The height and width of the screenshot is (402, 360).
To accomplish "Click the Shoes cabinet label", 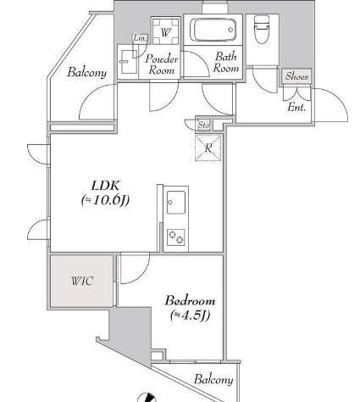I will click(x=297, y=76).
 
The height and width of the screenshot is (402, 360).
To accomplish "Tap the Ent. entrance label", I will click(x=297, y=108).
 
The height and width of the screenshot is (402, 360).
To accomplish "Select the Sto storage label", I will click(x=203, y=125).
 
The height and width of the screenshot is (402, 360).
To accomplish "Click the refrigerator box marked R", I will click(x=208, y=148).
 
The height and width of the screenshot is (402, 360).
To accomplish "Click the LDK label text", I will click(x=105, y=184).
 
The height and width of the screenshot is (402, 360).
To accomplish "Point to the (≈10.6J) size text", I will click(x=104, y=201).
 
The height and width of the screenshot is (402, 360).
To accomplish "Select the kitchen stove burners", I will click(x=176, y=237).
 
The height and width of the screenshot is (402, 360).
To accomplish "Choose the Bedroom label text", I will click(x=190, y=301).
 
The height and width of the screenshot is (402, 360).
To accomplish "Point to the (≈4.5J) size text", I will click(x=190, y=316).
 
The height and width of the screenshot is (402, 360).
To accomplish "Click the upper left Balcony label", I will click(x=87, y=73).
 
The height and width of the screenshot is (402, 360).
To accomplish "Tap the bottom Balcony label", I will click(x=213, y=379).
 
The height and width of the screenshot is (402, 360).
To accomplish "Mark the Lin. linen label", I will click(x=139, y=37).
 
